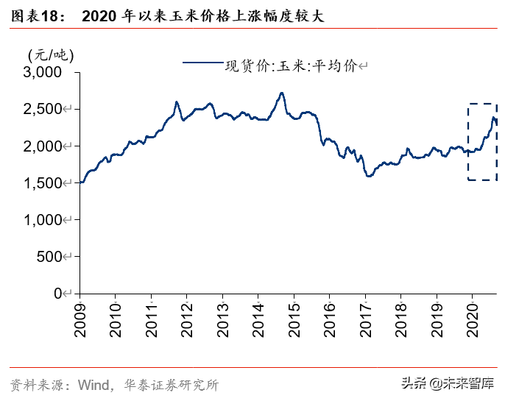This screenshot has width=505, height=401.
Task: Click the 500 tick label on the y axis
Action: tap(49, 256)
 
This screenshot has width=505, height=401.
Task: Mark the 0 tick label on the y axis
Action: tap(63, 293)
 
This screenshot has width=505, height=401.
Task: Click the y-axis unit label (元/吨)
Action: tap(51, 54)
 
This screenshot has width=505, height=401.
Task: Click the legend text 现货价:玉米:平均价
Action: tap(290, 66)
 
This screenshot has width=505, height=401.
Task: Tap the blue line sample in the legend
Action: tap(202, 63)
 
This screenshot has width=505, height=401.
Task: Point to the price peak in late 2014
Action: tap(281, 93)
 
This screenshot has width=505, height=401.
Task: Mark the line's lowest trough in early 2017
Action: tap(369, 177)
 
